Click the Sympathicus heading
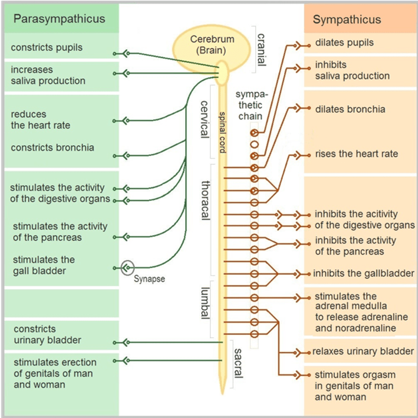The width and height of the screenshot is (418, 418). coord(347,20)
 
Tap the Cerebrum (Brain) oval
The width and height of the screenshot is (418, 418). coord(211,44)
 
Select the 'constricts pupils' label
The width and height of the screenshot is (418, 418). coord(47,48)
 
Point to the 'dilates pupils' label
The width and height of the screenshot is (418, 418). coord(344,43)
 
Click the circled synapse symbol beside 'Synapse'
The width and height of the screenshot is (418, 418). coord(128,268)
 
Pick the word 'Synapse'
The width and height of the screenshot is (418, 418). coord(150,279)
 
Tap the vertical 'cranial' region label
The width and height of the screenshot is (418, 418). coord(261,50)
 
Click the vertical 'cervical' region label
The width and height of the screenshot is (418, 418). coord(204,119)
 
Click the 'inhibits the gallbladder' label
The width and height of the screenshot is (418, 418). coord(363,274)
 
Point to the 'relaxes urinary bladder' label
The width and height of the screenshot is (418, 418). coord(363,352)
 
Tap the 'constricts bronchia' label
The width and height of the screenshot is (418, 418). coord(53,148)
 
